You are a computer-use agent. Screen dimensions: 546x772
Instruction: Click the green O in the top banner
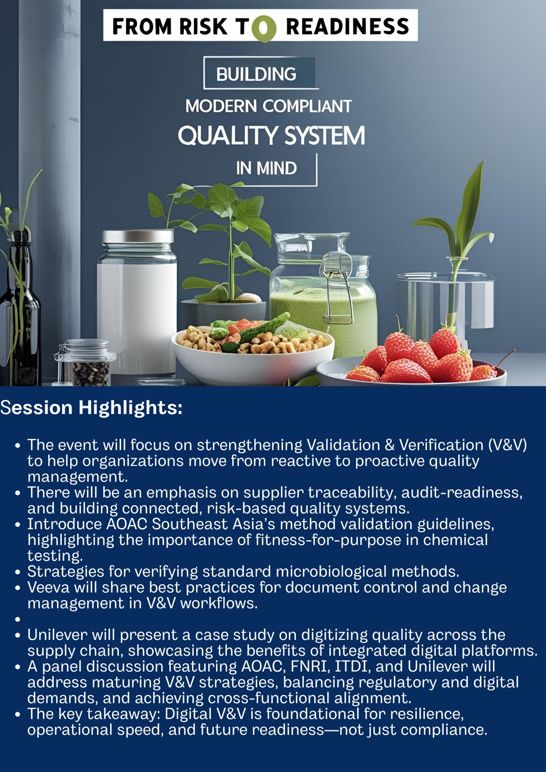(264, 29)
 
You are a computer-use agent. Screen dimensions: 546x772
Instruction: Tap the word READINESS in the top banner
(347, 27)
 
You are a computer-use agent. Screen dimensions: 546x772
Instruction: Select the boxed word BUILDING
(256, 74)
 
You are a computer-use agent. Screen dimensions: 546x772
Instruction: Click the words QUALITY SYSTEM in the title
(271, 136)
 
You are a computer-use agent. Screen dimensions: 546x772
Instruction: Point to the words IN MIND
(266, 168)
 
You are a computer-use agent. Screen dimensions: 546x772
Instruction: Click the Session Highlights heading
(91, 408)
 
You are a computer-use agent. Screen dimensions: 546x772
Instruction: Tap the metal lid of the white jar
(138, 236)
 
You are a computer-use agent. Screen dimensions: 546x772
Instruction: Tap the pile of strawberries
(419, 357)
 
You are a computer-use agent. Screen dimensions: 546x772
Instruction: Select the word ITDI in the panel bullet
(351, 666)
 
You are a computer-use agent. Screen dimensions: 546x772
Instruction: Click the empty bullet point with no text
(18, 620)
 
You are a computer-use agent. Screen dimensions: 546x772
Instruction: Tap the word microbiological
(331, 571)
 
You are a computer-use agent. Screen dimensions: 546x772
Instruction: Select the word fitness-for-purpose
(328, 540)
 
